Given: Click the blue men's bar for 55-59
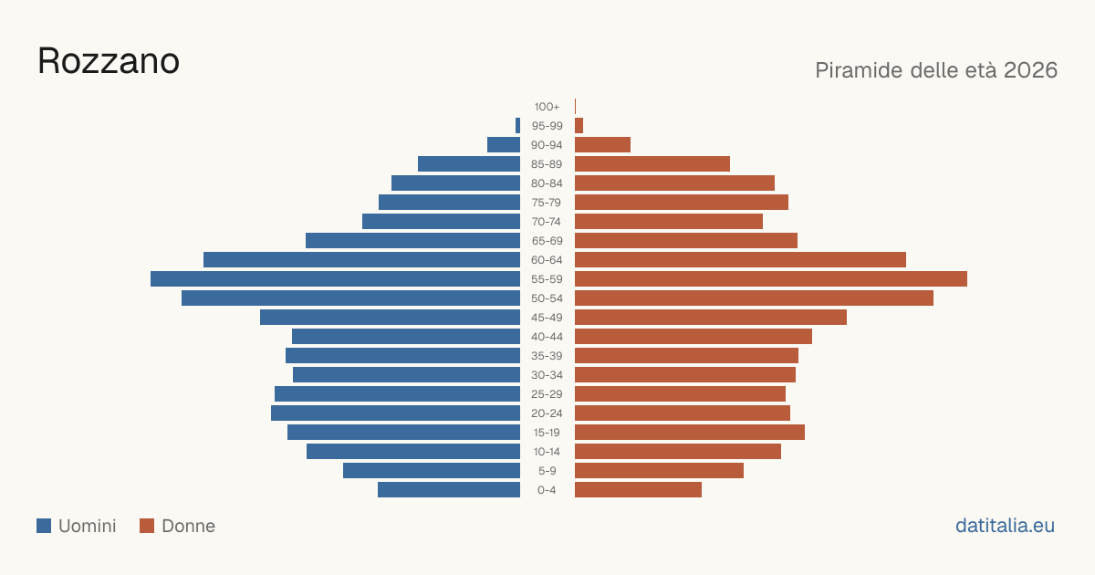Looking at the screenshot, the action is [x=336, y=278].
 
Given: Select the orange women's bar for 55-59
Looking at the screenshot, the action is [x=771, y=278].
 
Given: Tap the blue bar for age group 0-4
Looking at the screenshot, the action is [x=449, y=489].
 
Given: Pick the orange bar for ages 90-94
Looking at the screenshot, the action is [x=603, y=145].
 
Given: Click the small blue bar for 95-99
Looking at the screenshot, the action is [x=517, y=126].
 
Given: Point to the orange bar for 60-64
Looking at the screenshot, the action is [x=740, y=259].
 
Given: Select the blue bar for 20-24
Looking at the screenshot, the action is [x=395, y=413].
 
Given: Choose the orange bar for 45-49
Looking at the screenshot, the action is [x=711, y=318].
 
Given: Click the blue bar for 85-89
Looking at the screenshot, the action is [x=469, y=163].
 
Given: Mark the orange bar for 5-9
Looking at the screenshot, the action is [x=659, y=470].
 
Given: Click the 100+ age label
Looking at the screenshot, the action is [x=547, y=107].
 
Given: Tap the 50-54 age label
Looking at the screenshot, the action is [x=547, y=298].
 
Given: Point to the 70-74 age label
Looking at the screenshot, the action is [x=546, y=222].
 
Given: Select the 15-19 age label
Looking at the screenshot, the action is [x=547, y=433].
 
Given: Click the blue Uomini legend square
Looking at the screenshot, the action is [x=44, y=526].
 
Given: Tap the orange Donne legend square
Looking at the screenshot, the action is [x=147, y=526].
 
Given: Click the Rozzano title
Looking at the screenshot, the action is [x=109, y=61].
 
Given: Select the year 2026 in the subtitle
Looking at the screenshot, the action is [x=1030, y=70].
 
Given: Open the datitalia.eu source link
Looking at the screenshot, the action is [x=1005, y=526].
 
